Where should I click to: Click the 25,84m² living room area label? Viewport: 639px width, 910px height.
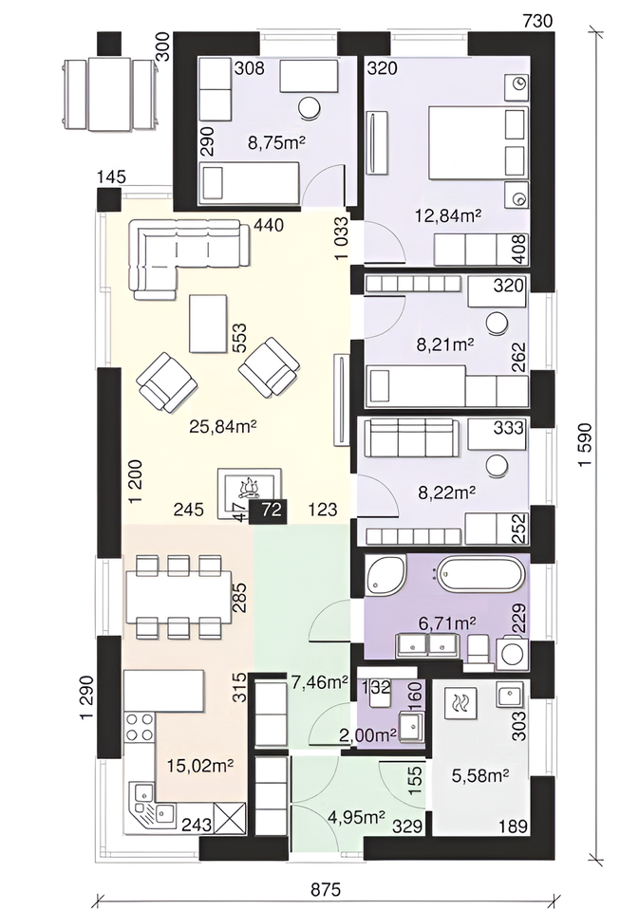click(223, 427)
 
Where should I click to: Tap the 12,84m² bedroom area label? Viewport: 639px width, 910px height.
click(448, 216)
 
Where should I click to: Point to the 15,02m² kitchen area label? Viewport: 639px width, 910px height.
click(199, 765)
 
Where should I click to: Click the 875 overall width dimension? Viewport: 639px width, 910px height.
click(326, 889)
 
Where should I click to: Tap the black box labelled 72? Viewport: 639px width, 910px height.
click(268, 511)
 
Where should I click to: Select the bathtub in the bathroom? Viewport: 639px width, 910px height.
click(481, 574)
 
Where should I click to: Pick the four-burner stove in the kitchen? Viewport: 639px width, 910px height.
click(140, 727)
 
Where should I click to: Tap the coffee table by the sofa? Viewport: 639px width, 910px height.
click(208, 324)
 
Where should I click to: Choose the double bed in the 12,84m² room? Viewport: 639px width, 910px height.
click(479, 142)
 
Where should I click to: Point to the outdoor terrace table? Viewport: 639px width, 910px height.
click(110, 94)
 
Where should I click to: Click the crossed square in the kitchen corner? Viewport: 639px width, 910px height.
click(230, 818)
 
